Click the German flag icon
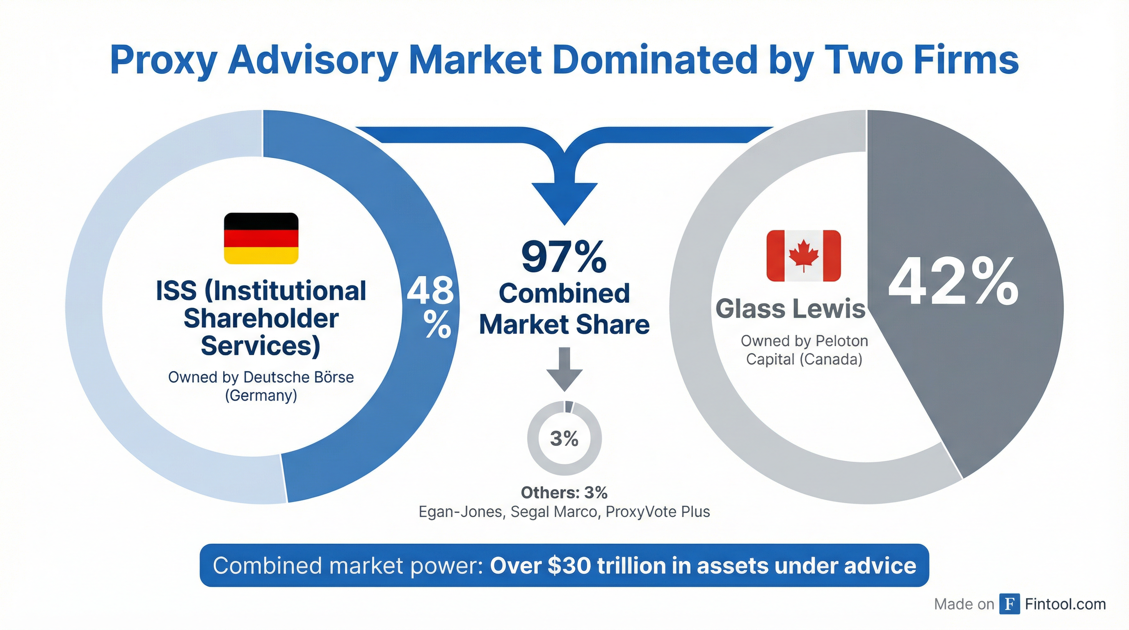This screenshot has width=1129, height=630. click(x=261, y=238)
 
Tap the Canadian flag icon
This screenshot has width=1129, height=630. click(x=803, y=256)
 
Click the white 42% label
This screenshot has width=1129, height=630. click(x=953, y=283)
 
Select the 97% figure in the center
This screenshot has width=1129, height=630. click(x=564, y=258)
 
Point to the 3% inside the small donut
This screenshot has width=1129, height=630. click(x=564, y=438)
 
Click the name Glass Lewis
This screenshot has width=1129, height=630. click(x=790, y=308)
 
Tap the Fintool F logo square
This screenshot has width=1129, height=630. click(x=1009, y=604)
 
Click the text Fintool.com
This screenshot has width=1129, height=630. click(x=1065, y=604)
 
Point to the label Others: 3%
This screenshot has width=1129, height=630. click(x=564, y=493)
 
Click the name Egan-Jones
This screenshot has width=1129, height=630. click(x=460, y=512)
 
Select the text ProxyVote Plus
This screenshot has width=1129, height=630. click(x=657, y=512)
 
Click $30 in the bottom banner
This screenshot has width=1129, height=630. click(x=569, y=566)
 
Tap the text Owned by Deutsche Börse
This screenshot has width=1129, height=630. click(x=261, y=377)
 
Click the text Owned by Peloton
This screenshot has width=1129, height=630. click(x=804, y=341)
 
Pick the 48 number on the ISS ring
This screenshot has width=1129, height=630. click(x=430, y=290)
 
